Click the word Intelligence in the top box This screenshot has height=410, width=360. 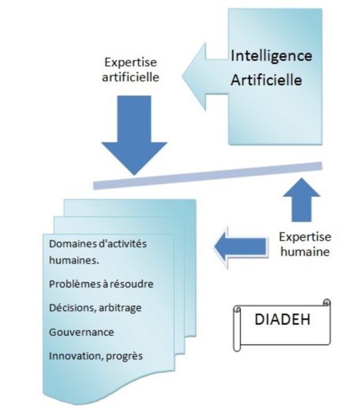pyautogui.click(x=271, y=57)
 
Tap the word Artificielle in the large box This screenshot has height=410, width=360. pyautogui.click(x=266, y=80)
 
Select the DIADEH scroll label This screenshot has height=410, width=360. pyautogui.click(x=282, y=325)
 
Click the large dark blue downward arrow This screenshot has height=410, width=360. pyautogui.click(x=134, y=135)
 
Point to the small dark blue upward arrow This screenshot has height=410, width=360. pyautogui.click(x=302, y=200)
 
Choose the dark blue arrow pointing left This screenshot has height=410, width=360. pyautogui.click(x=241, y=247)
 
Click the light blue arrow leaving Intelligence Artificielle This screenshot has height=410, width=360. pyautogui.click(x=205, y=77)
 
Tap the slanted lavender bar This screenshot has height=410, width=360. pyautogui.click(x=208, y=175)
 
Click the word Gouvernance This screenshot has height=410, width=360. pyautogui.click(x=81, y=332)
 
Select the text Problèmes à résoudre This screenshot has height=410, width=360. pyautogui.click(x=101, y=284)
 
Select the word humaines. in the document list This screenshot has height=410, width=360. pyautogui.click(x=74, y=260)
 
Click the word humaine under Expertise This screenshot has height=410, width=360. pyautogui.click(x=305, y=252)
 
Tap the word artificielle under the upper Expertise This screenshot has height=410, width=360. pyautogui.click(x=130, y=78)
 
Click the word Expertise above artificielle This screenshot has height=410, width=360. pyautogui.click(x=130, y=62)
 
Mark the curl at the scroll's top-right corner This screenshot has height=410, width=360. pyautogui.click(x=326, y=303)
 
